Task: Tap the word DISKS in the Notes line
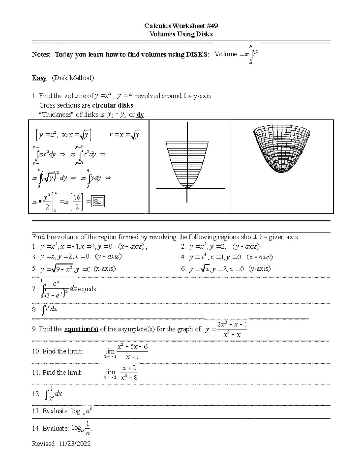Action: [x=197, y=55]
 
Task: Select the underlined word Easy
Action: [x=39, y=78]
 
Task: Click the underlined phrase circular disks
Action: [x=113, y=105]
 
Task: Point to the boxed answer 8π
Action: [x=98, y=202]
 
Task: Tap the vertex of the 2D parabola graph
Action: [x=187, y=187]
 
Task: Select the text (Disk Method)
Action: [x=73, y=78]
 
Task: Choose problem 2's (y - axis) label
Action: [x=246, y=247]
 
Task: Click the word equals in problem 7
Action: [x=87, y=289]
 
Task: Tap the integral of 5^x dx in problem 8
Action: [x=50, y=310]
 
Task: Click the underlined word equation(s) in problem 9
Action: [x=81, y=329]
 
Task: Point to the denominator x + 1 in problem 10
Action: [x=132, y=357]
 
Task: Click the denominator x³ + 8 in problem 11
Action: [x=129, y=378]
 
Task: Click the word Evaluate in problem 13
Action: [x=56, y=411]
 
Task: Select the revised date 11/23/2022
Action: [x=75, y=444]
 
